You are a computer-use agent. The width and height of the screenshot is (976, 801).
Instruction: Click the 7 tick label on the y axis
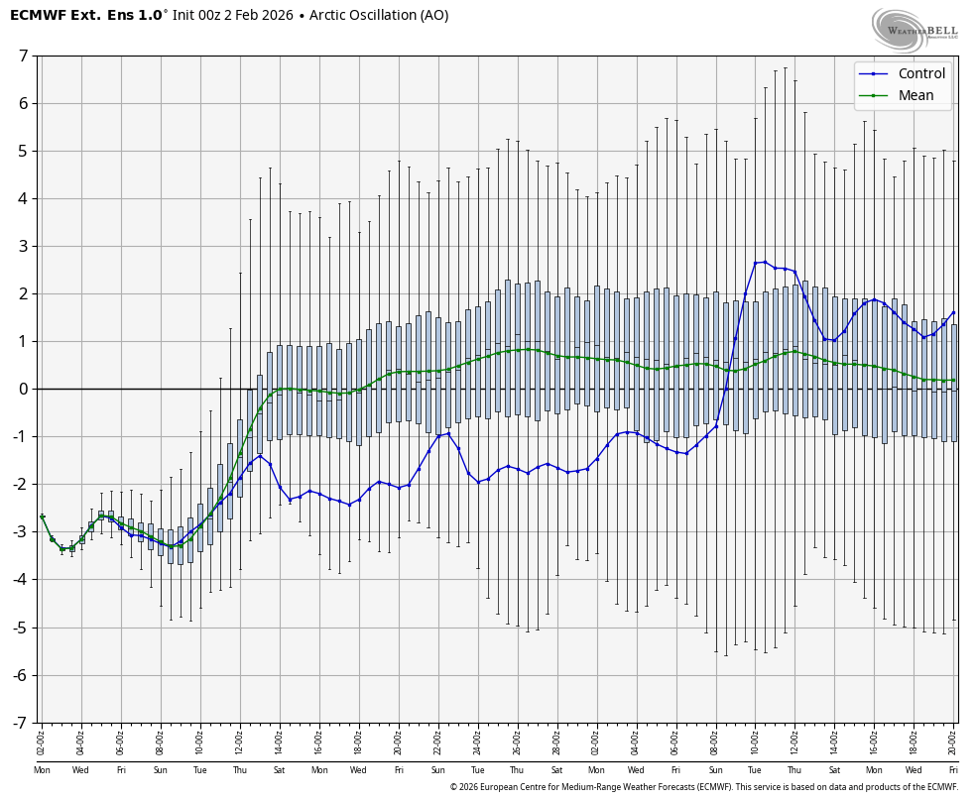click(22, 56)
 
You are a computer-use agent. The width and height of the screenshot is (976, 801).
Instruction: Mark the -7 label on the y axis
click(20, 723)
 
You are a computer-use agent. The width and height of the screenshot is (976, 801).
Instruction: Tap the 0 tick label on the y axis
click(22, 389)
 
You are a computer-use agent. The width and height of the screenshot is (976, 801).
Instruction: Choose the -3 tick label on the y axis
click(20, 532)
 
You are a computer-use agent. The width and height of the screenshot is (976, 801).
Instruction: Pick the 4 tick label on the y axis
click(22, 198)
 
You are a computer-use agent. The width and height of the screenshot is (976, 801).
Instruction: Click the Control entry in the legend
click(921, 73)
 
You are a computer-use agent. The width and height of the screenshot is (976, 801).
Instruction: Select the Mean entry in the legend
click(915, 95)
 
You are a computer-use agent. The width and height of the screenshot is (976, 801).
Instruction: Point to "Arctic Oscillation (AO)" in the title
click(379, 15)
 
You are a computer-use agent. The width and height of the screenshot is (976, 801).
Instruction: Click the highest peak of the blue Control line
click(765, 262)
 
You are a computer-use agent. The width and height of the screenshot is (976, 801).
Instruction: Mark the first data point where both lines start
click(42, 516)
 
